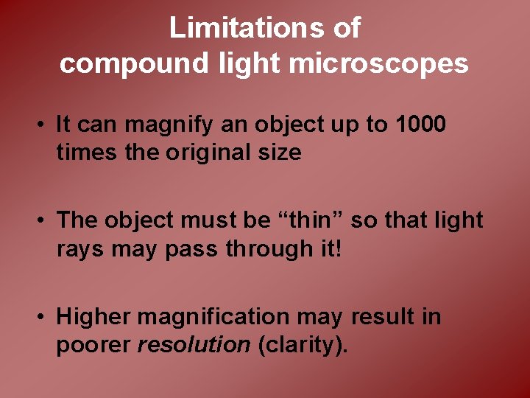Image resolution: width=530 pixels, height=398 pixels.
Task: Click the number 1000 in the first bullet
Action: [x=420, y=125]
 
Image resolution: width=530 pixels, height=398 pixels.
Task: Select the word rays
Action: [x=81, y=250]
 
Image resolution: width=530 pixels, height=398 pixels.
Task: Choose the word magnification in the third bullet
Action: [x=214, y=317]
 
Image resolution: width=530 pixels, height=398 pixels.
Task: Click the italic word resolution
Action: [x=194, y=346]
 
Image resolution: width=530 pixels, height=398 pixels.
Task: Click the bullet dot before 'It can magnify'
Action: [x=45, y=125]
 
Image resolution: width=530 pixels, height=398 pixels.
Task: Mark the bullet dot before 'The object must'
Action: [x=45, y=220]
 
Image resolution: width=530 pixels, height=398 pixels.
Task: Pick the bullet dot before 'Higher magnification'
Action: [x=45, y=318]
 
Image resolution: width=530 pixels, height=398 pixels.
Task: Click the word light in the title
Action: [x=248, y=64]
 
